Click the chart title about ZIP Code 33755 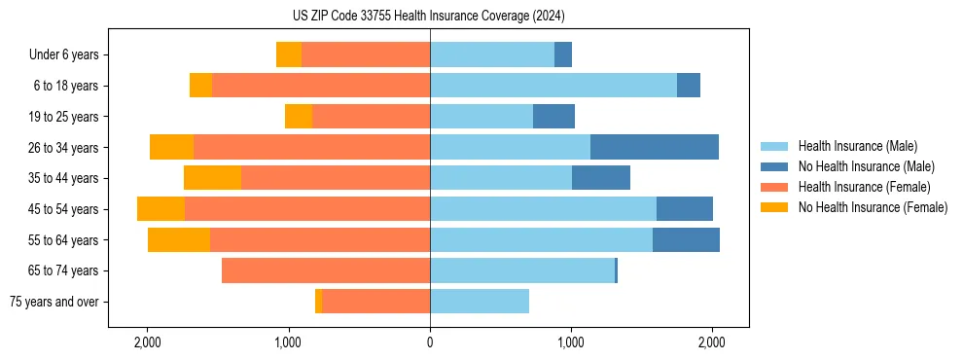[428, 17]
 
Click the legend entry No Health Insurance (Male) [866, 166]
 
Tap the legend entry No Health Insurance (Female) [873, 207]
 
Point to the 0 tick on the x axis [430, 342]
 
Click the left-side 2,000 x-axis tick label [148, 342]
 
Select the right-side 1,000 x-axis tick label [571, 342]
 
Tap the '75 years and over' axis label [54, 302]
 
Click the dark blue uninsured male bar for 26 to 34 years [655, 147]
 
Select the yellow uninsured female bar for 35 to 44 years [212, 178]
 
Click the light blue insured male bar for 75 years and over [480, 302]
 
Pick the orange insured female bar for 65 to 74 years [326, 270]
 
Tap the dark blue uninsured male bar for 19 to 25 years [553, 117]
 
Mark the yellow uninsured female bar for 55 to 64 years [179, 239]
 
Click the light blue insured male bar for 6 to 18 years [553, 86]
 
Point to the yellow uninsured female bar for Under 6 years [289, 54]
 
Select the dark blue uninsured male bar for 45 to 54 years [685, 209]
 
